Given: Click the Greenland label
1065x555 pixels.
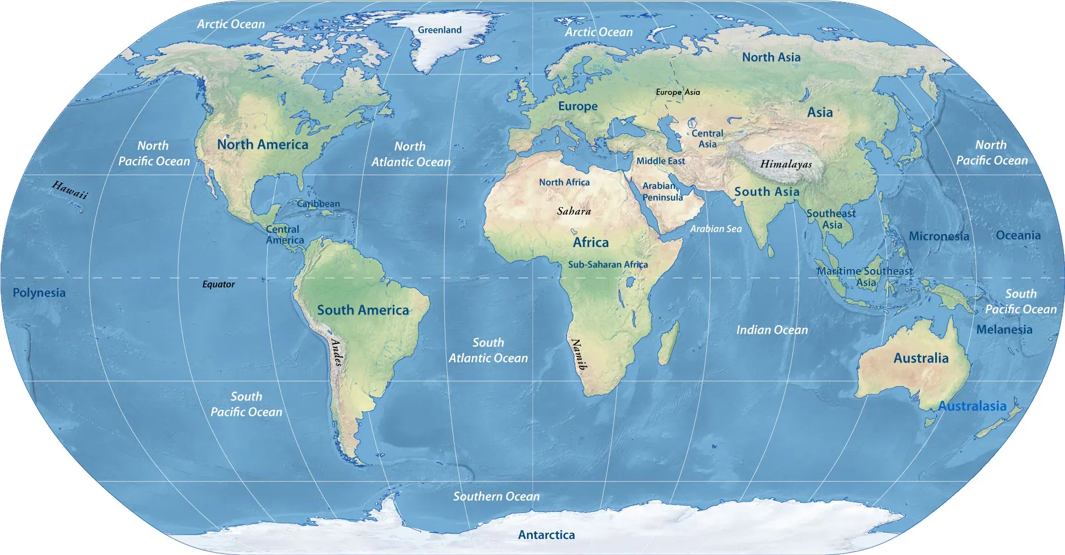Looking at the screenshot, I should click(440, 30).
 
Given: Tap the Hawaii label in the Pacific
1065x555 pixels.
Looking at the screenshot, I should click(70, 190).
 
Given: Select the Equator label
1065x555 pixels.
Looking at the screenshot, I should click(218, 284).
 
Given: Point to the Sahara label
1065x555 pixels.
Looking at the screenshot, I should click(574, 211).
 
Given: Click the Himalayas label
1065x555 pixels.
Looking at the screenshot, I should click(786, 164).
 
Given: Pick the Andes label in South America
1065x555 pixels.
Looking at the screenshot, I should click(337, 352).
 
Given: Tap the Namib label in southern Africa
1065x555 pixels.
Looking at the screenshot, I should click(579, 354).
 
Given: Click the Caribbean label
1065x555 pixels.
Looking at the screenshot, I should click(318, 204).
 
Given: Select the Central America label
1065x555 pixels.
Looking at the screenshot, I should click(284, 235).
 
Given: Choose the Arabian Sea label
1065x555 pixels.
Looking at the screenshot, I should click(716, 229).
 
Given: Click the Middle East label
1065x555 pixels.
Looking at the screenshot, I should click(660, 161).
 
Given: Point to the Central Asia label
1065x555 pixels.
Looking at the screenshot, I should click(707, 139).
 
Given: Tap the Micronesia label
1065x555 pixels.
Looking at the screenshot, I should click(939, 236).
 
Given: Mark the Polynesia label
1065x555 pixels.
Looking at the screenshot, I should click(39, 293).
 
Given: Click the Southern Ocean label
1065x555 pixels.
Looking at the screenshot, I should click(496, 496).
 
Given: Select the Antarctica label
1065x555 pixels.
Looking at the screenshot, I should click(546, 535).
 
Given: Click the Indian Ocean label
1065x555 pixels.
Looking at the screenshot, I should click(772, 330).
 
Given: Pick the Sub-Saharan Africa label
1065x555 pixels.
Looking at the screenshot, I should click(608, 264).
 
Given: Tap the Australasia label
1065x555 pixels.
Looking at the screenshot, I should click(972, 406).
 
